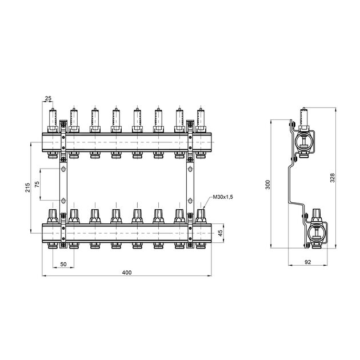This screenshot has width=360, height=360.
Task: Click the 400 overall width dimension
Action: [x=127, y=273]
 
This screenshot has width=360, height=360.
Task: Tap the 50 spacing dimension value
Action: [x=63, y=264]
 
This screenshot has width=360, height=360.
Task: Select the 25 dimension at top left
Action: [x=48, y=98]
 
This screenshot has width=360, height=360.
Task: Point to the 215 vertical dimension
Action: [x=27, y=187]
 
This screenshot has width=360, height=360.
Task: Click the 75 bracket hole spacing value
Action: [x=37, y=185]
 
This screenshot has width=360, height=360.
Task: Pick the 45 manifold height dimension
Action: [x=220, y=233]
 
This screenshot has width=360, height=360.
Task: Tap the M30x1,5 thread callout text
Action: [x=223, y=197]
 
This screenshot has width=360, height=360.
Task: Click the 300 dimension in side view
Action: [x=267, y=185]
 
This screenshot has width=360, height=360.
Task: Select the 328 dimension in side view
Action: [x=332, y=178]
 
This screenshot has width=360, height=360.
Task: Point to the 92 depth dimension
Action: [x=307, y=262]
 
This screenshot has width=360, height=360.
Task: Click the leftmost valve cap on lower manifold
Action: [x=53, y=216]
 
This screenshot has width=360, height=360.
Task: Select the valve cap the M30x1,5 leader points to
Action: [x=201, y=216]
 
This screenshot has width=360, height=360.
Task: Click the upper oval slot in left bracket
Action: [x=63, y=170]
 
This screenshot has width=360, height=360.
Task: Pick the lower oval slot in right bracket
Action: [x=190, y=201]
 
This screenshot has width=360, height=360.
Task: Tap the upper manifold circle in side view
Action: [x=304, y=143]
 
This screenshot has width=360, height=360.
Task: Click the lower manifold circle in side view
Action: [x=317, y=233]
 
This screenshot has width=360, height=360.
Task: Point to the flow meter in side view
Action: [x=304, y=117]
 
